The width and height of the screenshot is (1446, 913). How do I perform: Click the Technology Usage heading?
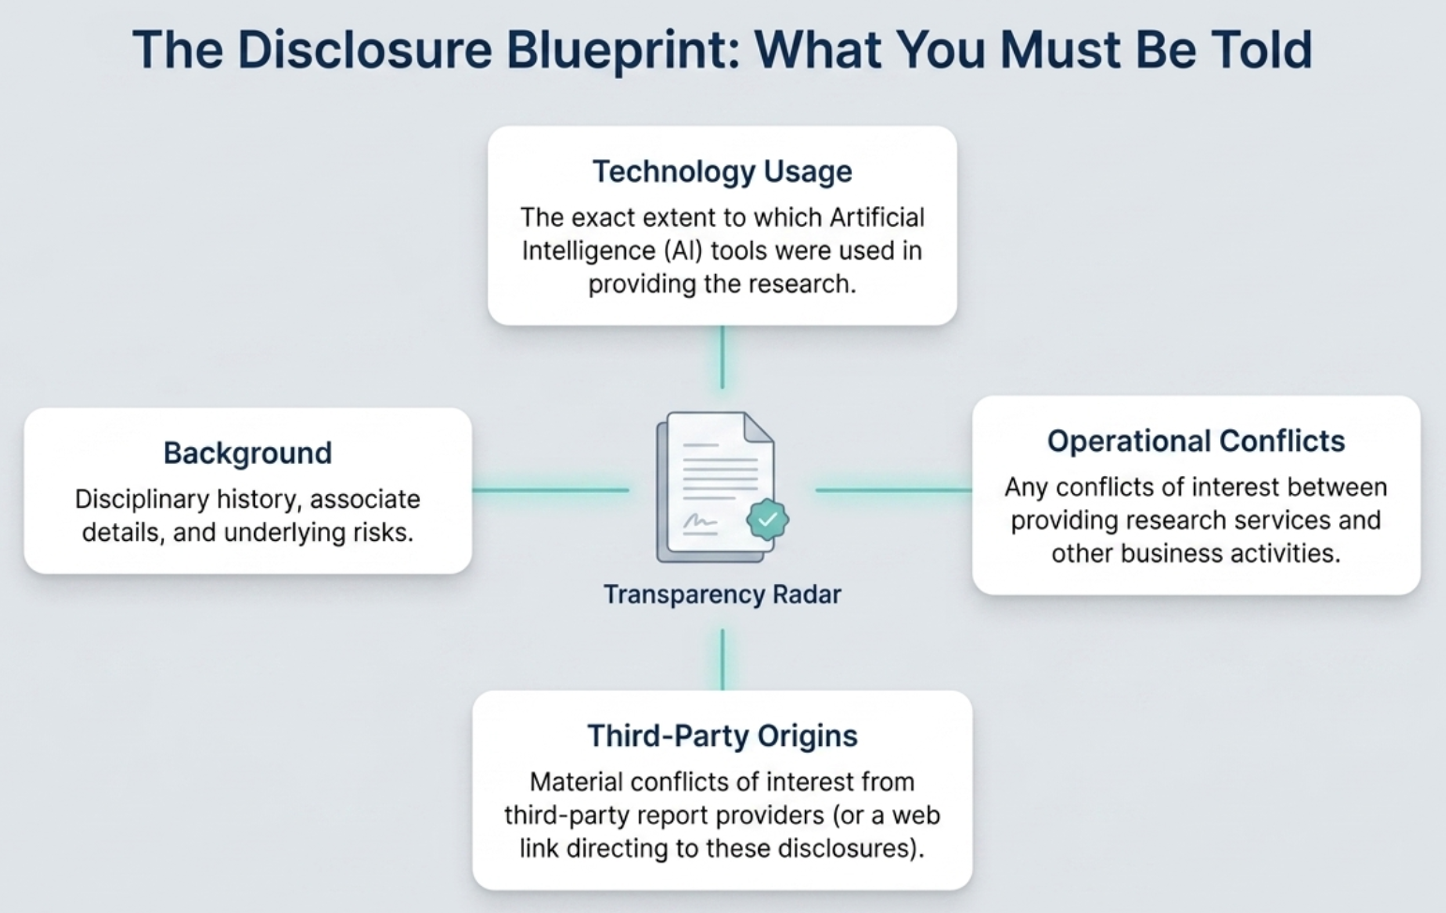pos(723,172)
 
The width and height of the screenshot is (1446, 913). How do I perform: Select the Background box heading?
pos(248,453)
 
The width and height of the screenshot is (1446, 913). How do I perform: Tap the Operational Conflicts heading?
pos(1196,441)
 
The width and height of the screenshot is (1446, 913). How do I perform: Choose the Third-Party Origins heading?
pos(723,736)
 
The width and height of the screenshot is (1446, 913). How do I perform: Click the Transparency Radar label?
pos(723,594)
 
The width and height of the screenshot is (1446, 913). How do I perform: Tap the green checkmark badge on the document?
pos(768,519)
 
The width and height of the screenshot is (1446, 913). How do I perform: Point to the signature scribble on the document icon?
pos(700,521)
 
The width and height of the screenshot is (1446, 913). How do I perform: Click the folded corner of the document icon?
pos(758,427)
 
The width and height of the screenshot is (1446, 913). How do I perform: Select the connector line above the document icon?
pos(723,357)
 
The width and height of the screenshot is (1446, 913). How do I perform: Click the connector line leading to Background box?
pos(551,490)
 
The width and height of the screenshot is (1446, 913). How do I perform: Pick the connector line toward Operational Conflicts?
pos(894,490)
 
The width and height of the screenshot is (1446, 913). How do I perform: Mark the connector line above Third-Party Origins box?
pos(723,660)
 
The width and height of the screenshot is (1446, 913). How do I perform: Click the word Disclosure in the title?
pos(365,49)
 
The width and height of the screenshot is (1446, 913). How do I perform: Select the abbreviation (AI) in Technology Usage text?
pos(683,250)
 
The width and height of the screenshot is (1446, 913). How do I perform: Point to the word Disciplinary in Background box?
pos(142,500)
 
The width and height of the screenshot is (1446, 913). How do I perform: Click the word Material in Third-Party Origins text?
pos(576,782)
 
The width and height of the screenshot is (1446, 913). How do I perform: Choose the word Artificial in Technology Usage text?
pos(876,217)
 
